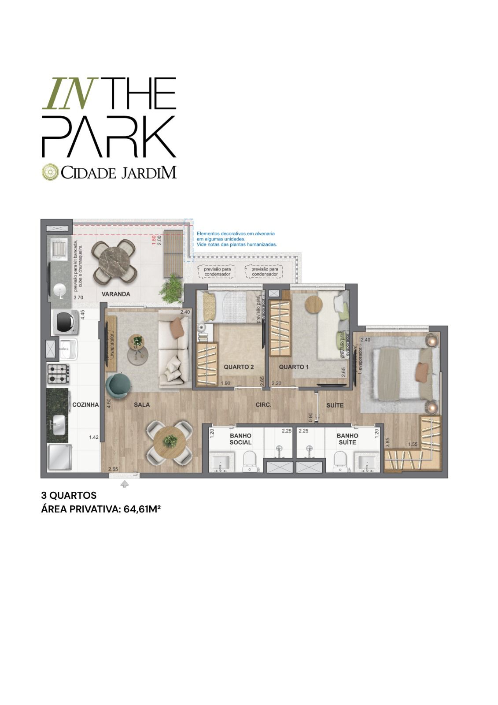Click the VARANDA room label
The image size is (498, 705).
pos(116,294)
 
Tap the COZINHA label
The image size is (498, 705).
pos(85,404)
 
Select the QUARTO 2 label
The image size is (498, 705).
pos(239,367)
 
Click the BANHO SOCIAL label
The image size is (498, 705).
pos(240,439)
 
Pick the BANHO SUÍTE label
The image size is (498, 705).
pos(347,439)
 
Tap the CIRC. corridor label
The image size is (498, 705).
pos(263,404)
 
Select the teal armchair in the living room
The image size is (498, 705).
pos(118,385)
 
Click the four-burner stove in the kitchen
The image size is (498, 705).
pos(58,374)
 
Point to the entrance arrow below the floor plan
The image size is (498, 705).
pos(125,484)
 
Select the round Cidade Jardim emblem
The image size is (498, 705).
pos(50,172)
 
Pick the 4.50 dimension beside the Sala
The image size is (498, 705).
pos(108,404)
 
